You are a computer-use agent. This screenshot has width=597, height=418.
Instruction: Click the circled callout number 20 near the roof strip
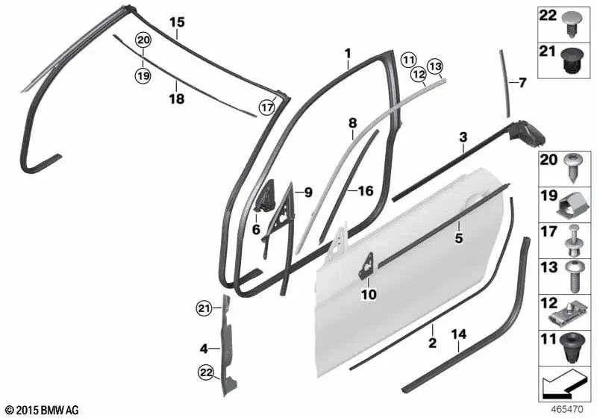point(143,40)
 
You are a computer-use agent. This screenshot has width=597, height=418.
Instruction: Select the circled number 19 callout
point(143,75)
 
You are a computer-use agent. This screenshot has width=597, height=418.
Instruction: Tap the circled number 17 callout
point(267,107)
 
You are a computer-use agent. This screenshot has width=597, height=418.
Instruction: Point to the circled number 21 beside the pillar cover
point(204,308)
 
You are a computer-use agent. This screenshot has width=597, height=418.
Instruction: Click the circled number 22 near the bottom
point(206,373)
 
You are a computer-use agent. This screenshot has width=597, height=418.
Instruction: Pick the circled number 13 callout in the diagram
point(436,67)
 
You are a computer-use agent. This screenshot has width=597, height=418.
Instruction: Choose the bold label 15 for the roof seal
point(177,22)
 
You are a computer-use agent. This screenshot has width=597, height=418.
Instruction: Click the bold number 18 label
point(177,99)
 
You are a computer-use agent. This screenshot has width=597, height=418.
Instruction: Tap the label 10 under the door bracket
point(369,294)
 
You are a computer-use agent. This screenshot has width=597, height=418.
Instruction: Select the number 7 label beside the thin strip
point(522,83)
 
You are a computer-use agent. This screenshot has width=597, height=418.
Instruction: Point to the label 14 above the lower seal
point(459,334)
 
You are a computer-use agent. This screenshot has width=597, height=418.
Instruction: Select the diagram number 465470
point(567,410)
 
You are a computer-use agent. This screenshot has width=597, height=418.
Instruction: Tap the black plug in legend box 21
point(571,61)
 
